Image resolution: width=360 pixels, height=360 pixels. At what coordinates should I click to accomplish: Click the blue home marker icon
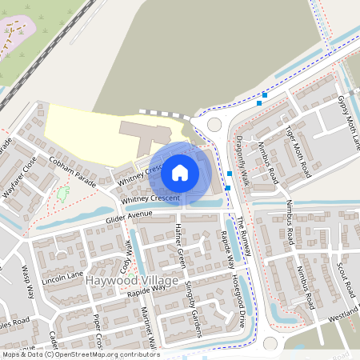coord(180,171)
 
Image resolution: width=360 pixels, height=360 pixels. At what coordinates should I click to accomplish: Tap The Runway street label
coord(244,234)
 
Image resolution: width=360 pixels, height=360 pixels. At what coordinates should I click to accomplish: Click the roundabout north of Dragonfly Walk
coord(214,124)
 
